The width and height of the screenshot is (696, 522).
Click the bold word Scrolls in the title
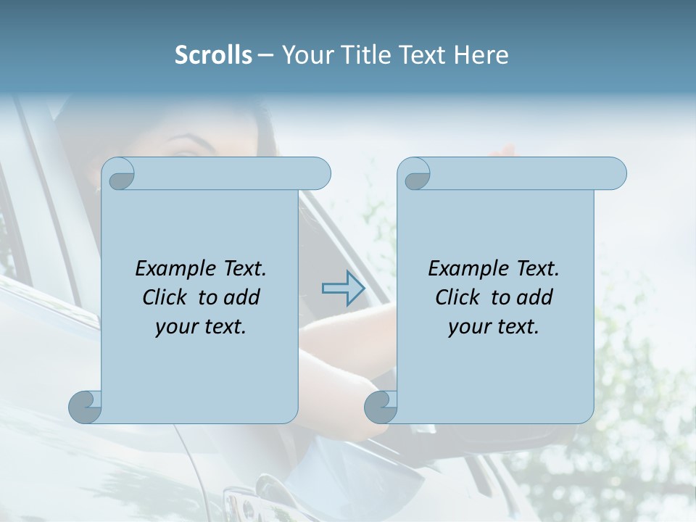[213, 55]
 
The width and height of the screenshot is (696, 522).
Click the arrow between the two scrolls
[343, 289]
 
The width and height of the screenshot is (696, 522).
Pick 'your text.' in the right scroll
[494, 326]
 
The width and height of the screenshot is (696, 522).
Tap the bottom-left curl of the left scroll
[85, 407]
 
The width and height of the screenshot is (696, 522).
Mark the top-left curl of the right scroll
[416, 175]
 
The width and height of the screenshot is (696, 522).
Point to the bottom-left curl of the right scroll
[381, 407]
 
